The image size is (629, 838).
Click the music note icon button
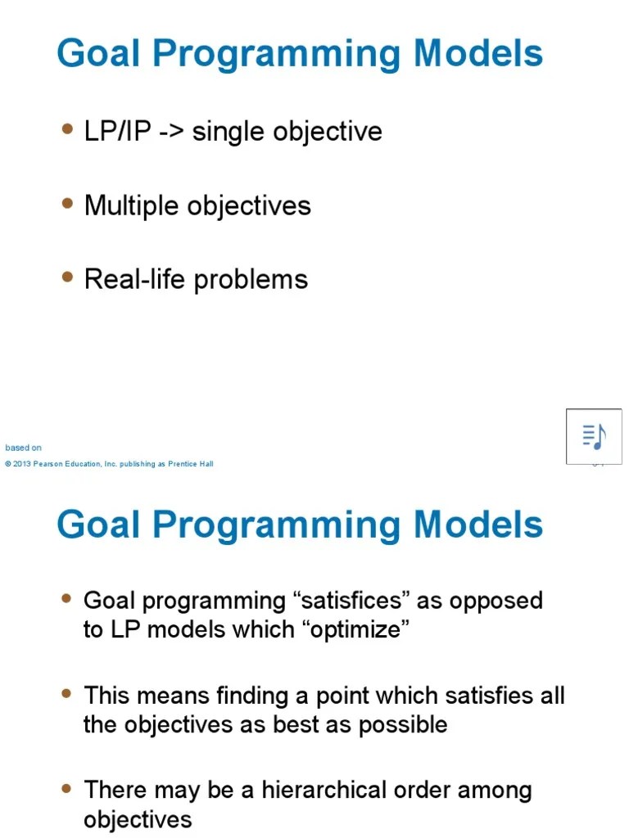click(594, 436)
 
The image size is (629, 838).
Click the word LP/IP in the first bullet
click(118, 132)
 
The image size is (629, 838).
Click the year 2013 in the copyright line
click(22, 464)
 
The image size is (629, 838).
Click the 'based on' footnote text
click(23, 448)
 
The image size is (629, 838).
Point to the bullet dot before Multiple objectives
click(67, 204)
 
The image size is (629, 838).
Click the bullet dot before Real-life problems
click(67, 277)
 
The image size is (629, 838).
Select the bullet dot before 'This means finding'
click(67, 694)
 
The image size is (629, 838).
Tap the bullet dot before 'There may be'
click(67, 789)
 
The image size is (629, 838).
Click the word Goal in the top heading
click(98, 54)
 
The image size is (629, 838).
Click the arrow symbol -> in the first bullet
click(170, 132)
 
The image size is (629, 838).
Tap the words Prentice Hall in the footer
click(191, 464)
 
